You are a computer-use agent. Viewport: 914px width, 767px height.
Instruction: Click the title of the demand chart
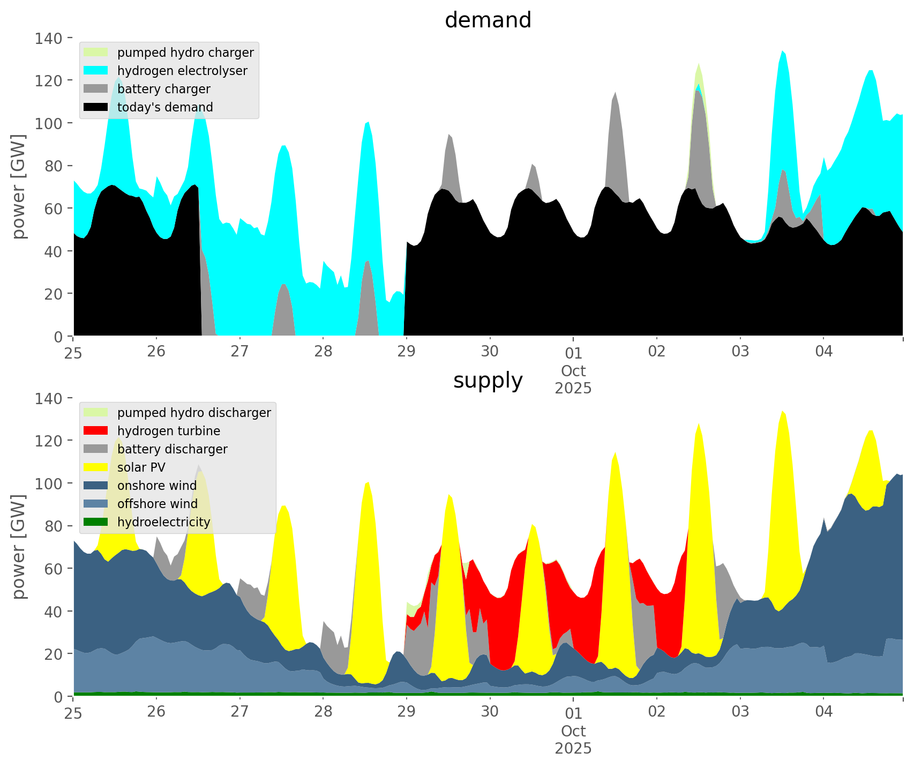coord(488,20)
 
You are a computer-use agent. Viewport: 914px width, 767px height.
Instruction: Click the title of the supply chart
coord(488,381)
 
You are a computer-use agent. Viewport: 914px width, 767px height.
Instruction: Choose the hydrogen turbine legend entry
coord(168,431)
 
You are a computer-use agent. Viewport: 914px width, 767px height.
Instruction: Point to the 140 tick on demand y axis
coord(49,38)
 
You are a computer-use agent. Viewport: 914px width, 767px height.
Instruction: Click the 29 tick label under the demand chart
coord(406,352)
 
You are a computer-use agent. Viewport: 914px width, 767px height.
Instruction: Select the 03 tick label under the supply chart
coord(740,712)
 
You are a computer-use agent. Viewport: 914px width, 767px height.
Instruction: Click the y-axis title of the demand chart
coord(19,187)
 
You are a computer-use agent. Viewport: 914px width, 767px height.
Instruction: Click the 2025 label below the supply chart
coord(573,748)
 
